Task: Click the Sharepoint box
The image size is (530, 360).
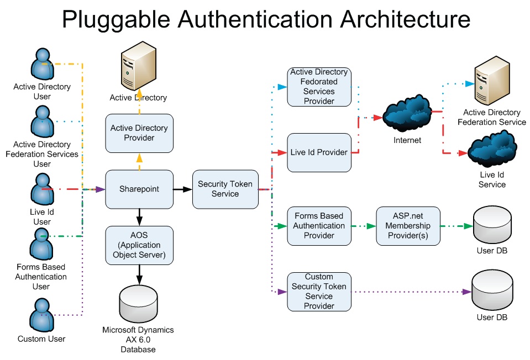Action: tap(139, 189)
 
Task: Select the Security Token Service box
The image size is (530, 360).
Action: tap(225, 189)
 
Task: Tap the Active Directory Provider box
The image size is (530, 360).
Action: tap(139, 133)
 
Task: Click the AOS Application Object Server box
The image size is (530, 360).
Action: tap(139, 245)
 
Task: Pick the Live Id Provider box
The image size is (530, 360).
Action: tap(319, 152)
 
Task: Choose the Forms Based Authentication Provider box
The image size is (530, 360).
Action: tap(319, 226)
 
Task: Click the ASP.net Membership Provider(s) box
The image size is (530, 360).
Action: tap(408, 226)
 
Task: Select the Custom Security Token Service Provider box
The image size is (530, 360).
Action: tap(319, 291)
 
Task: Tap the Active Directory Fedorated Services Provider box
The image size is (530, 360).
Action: tap(319, 87)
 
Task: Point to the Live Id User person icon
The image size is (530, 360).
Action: tap(43, 189)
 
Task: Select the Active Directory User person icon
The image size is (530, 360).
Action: tap(43, 65)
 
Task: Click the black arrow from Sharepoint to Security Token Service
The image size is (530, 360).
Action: tap(182, 189)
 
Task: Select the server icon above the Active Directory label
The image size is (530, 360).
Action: tap(138, 69)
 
